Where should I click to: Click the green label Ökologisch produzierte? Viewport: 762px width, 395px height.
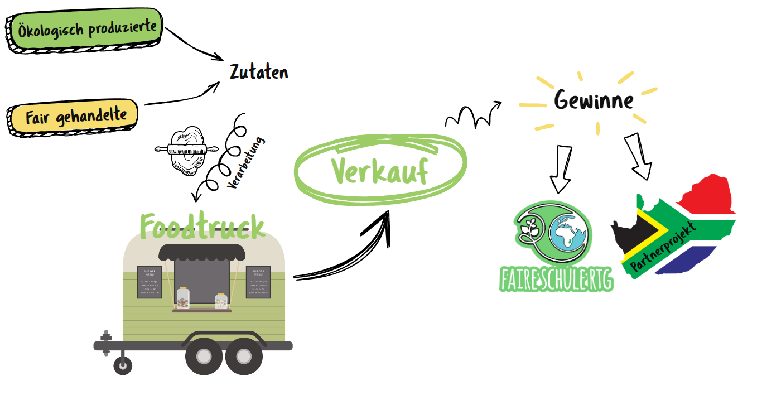86,28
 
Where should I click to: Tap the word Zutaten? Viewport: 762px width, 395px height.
259,73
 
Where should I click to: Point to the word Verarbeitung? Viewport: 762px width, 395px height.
246,163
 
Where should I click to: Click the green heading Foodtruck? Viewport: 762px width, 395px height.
202,227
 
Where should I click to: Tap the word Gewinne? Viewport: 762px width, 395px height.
594,100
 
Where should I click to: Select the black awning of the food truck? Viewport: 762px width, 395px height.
202,252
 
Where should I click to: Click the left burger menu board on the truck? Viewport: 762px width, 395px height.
149,282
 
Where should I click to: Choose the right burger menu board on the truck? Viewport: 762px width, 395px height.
258,282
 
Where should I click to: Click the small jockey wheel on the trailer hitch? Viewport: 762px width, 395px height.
123,365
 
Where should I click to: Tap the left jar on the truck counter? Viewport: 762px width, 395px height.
183,298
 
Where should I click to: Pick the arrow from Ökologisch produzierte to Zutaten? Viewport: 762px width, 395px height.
195,43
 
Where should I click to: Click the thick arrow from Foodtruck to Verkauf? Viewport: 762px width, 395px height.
346,251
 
